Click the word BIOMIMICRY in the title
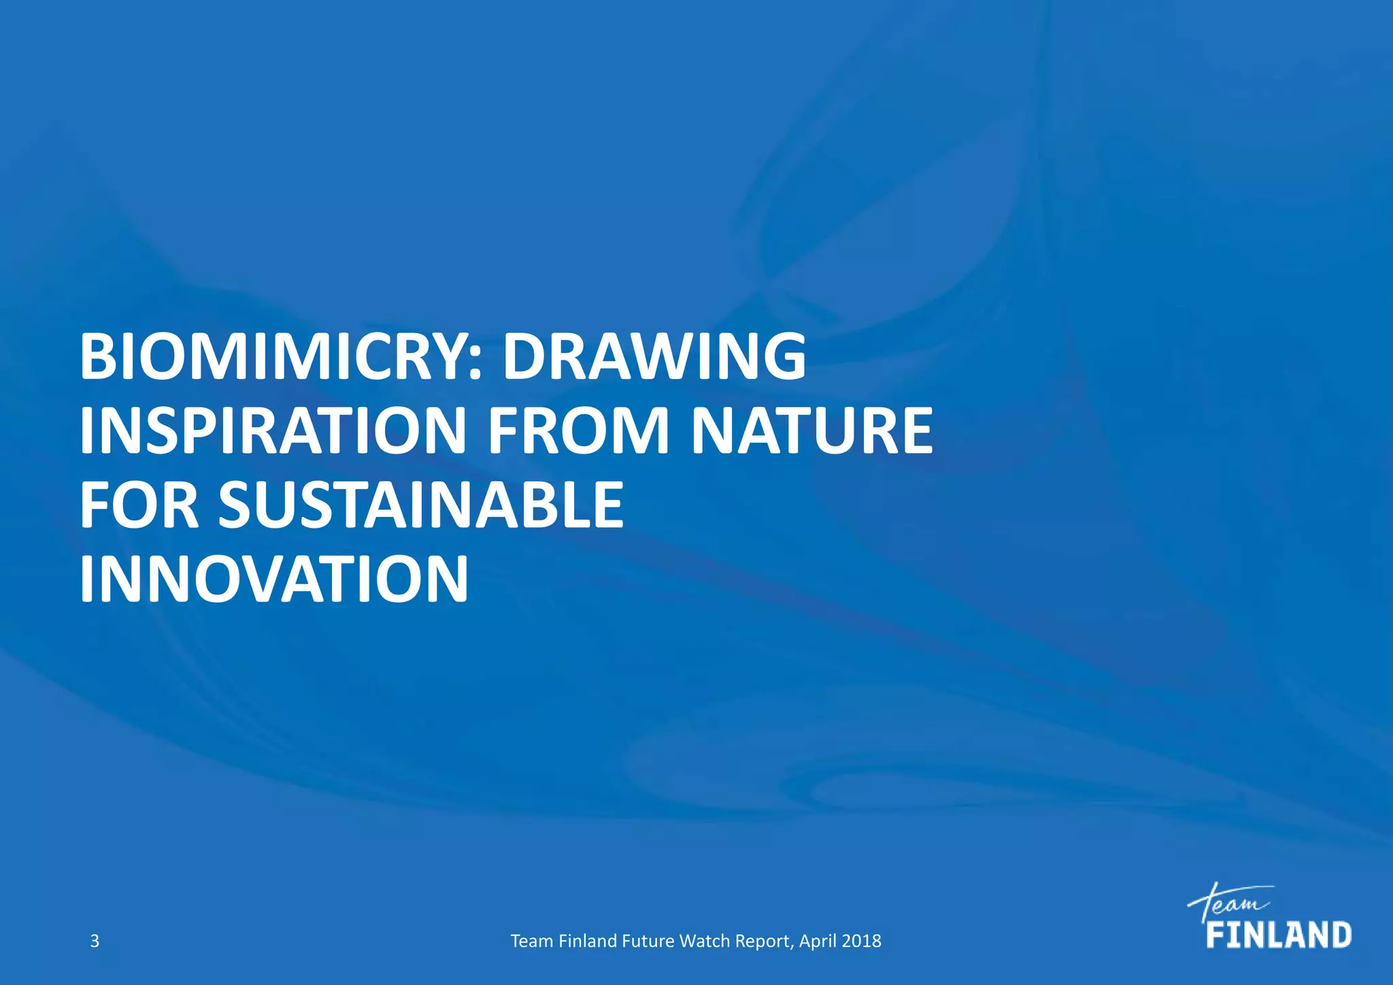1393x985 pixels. click(275, 357)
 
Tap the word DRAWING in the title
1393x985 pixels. click(654, 357)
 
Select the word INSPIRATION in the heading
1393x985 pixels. click(271, 431)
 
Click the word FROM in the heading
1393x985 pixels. click(579, 431)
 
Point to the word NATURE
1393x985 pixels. click(812, 431)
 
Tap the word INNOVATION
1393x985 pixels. click(274, 579)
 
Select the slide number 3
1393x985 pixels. click(95, 941)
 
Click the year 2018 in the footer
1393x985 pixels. click(862, 941)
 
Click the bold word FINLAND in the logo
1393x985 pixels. click(1279, 935)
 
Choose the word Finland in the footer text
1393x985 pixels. click(587, 941)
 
